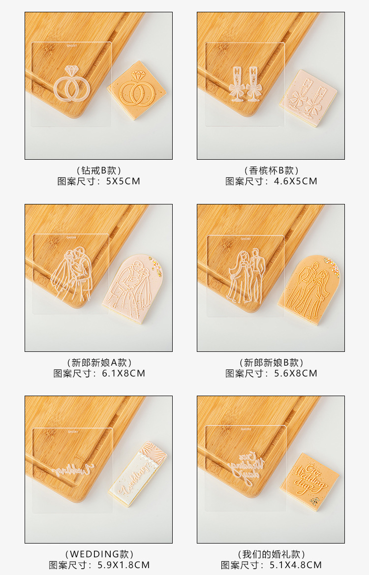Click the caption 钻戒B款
click(x=98, y=171)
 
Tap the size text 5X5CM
click(x=123, y=181)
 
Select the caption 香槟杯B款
click(x=271, y=171)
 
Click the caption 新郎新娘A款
click(x=98, y=363)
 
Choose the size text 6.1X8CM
click(x=123, y=373)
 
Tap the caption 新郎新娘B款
click(x=271, y=363)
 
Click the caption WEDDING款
click(x=98, y=554)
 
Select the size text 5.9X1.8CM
click(x=123, y=565)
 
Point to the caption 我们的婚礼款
click(x=271, y=554)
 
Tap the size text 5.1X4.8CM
click(x=295, y=565)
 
